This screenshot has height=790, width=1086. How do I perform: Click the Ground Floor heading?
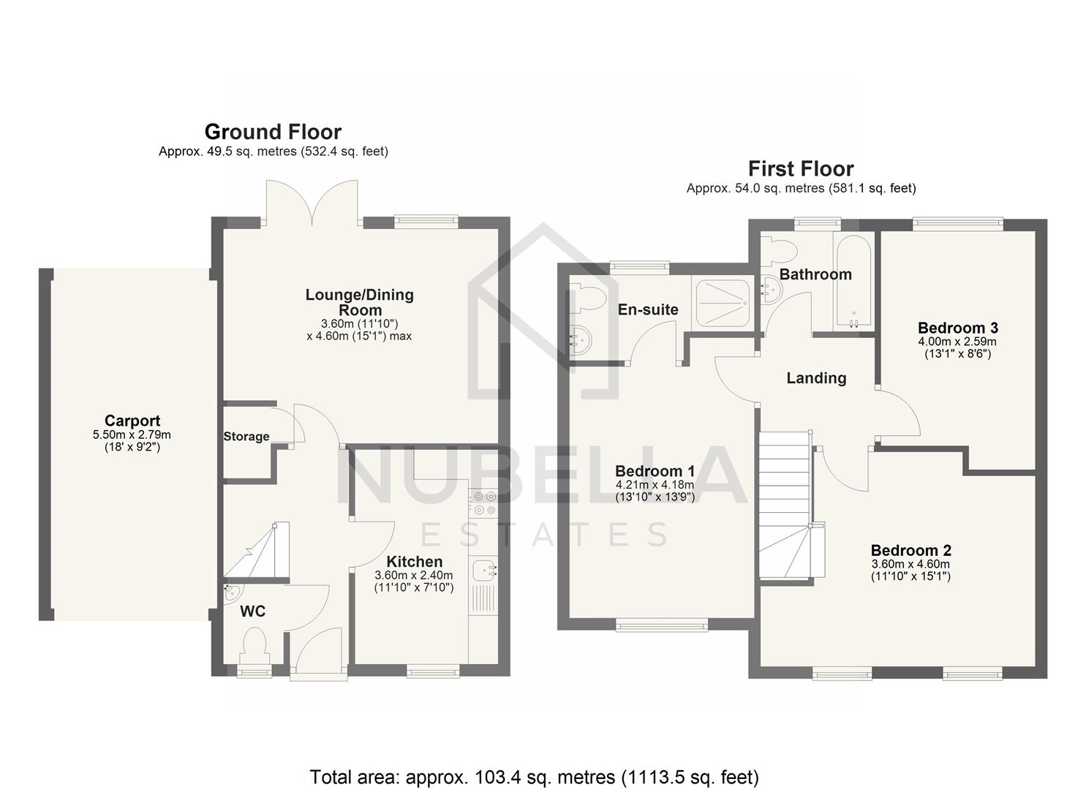273,132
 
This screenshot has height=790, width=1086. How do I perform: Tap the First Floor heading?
801,169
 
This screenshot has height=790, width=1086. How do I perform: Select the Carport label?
132,421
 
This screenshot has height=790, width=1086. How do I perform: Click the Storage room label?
246,437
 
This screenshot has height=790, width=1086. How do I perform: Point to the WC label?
253,612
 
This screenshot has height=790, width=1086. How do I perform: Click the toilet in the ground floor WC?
254,647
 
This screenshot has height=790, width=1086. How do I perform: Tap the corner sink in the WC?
232,590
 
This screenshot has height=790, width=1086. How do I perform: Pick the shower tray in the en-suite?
721,302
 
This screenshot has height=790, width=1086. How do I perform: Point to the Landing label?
816,378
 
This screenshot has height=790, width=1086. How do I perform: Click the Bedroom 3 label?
957,328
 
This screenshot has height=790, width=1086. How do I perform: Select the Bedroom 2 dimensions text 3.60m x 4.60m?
910,564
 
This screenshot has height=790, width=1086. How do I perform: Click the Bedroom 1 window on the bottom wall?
661,624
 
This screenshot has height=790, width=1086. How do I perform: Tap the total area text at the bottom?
534,777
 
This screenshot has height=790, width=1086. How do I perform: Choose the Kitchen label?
414,562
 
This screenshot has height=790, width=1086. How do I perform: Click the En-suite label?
648,309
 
